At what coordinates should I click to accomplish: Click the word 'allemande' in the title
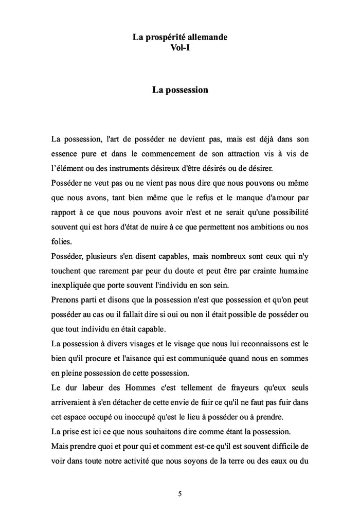click(x=205, y=38)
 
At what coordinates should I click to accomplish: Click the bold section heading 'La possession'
click(x=180, y=90)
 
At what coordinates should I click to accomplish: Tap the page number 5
click(x=180, y=494)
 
